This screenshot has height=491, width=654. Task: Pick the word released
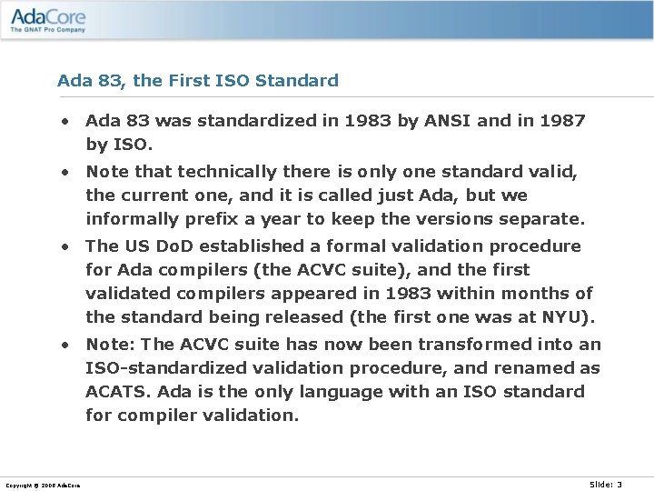pyautogui.click(x=292, y=316)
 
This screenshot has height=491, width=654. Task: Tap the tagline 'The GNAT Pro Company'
pyautogui.click(x=48, y=30)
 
